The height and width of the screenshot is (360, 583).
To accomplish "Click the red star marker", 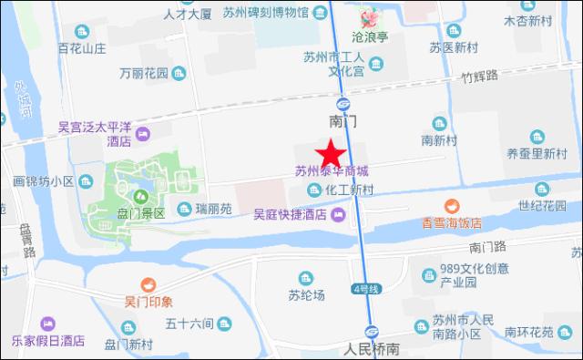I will [x=329, y=152].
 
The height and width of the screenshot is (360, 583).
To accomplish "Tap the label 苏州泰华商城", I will [x=332, y=171].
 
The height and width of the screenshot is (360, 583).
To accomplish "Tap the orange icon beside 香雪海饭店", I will [x=450, y=207].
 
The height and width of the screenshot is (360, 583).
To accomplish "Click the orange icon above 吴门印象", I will [x=148, y=286].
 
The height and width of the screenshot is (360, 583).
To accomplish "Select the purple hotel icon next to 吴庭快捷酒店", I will [x=339, y=215].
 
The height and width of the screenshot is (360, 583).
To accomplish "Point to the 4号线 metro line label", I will [x=364, y=291].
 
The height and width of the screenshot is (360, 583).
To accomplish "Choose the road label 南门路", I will [x=487, y=246].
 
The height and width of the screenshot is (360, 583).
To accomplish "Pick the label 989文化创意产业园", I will [x=468, y=275].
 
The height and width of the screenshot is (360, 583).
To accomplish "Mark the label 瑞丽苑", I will [x=215, y=209].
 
